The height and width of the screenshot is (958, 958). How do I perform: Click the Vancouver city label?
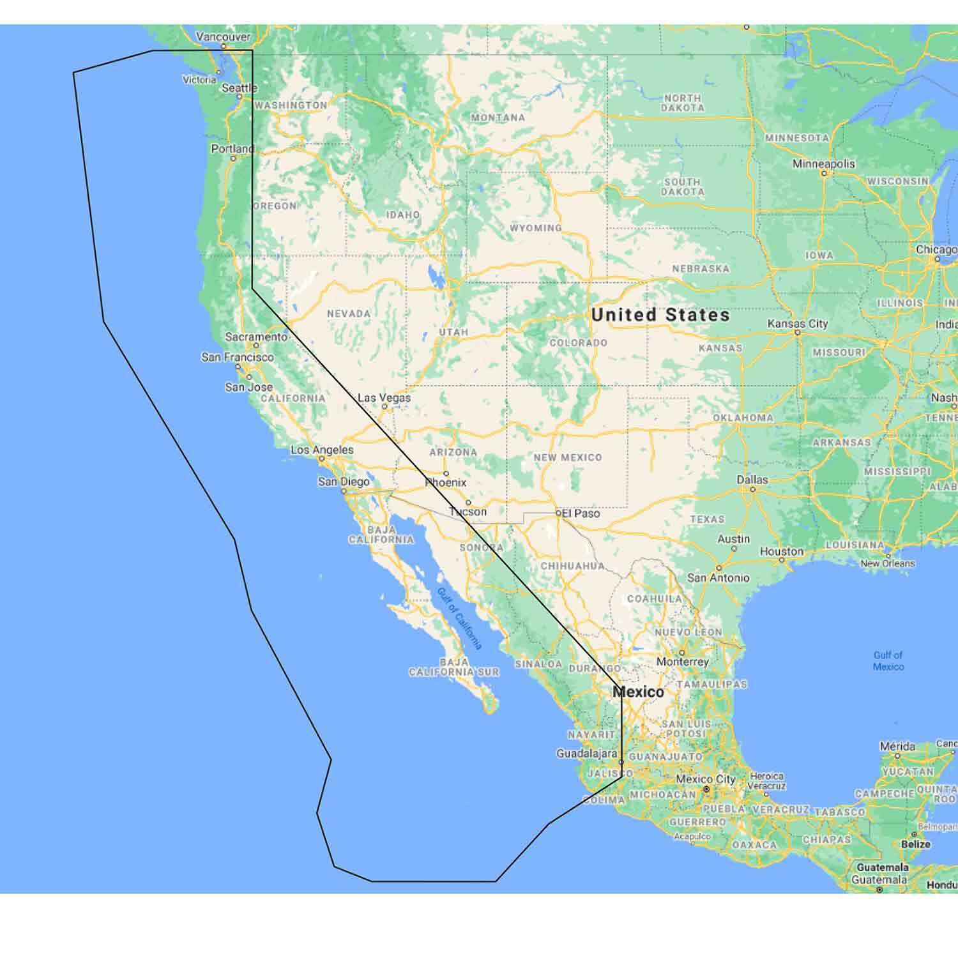(223, 37)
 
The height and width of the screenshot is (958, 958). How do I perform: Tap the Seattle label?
(239, 88)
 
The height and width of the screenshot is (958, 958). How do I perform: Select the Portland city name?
(232, 149)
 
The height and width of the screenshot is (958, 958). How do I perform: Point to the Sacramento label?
(256, 337)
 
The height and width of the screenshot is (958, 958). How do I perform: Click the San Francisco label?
(237, 357)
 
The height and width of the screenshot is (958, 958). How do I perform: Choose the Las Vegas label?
(384, 398)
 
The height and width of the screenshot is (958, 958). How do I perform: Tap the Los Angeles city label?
(322, 450)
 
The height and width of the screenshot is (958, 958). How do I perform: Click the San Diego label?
(344, 482)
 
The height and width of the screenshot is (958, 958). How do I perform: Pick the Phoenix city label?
(446, 482)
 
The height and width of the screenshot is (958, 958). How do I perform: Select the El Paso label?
(581, 513)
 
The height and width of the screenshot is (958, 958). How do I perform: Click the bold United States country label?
(660, 314)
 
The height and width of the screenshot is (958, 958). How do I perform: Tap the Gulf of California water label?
(459, 618)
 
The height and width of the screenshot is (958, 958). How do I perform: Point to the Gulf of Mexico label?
(888, 660)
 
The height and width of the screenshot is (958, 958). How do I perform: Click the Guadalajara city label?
(586, 754)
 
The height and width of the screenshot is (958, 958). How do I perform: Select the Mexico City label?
(706, 779)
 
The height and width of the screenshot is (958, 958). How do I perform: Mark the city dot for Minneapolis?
(824, 173)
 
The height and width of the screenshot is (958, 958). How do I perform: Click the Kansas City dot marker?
(798, 333)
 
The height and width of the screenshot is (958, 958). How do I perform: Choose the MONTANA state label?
(498, 118)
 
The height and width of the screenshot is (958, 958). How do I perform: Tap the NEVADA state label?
(349, 314)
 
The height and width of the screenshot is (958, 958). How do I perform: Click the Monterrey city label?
(682, 662)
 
